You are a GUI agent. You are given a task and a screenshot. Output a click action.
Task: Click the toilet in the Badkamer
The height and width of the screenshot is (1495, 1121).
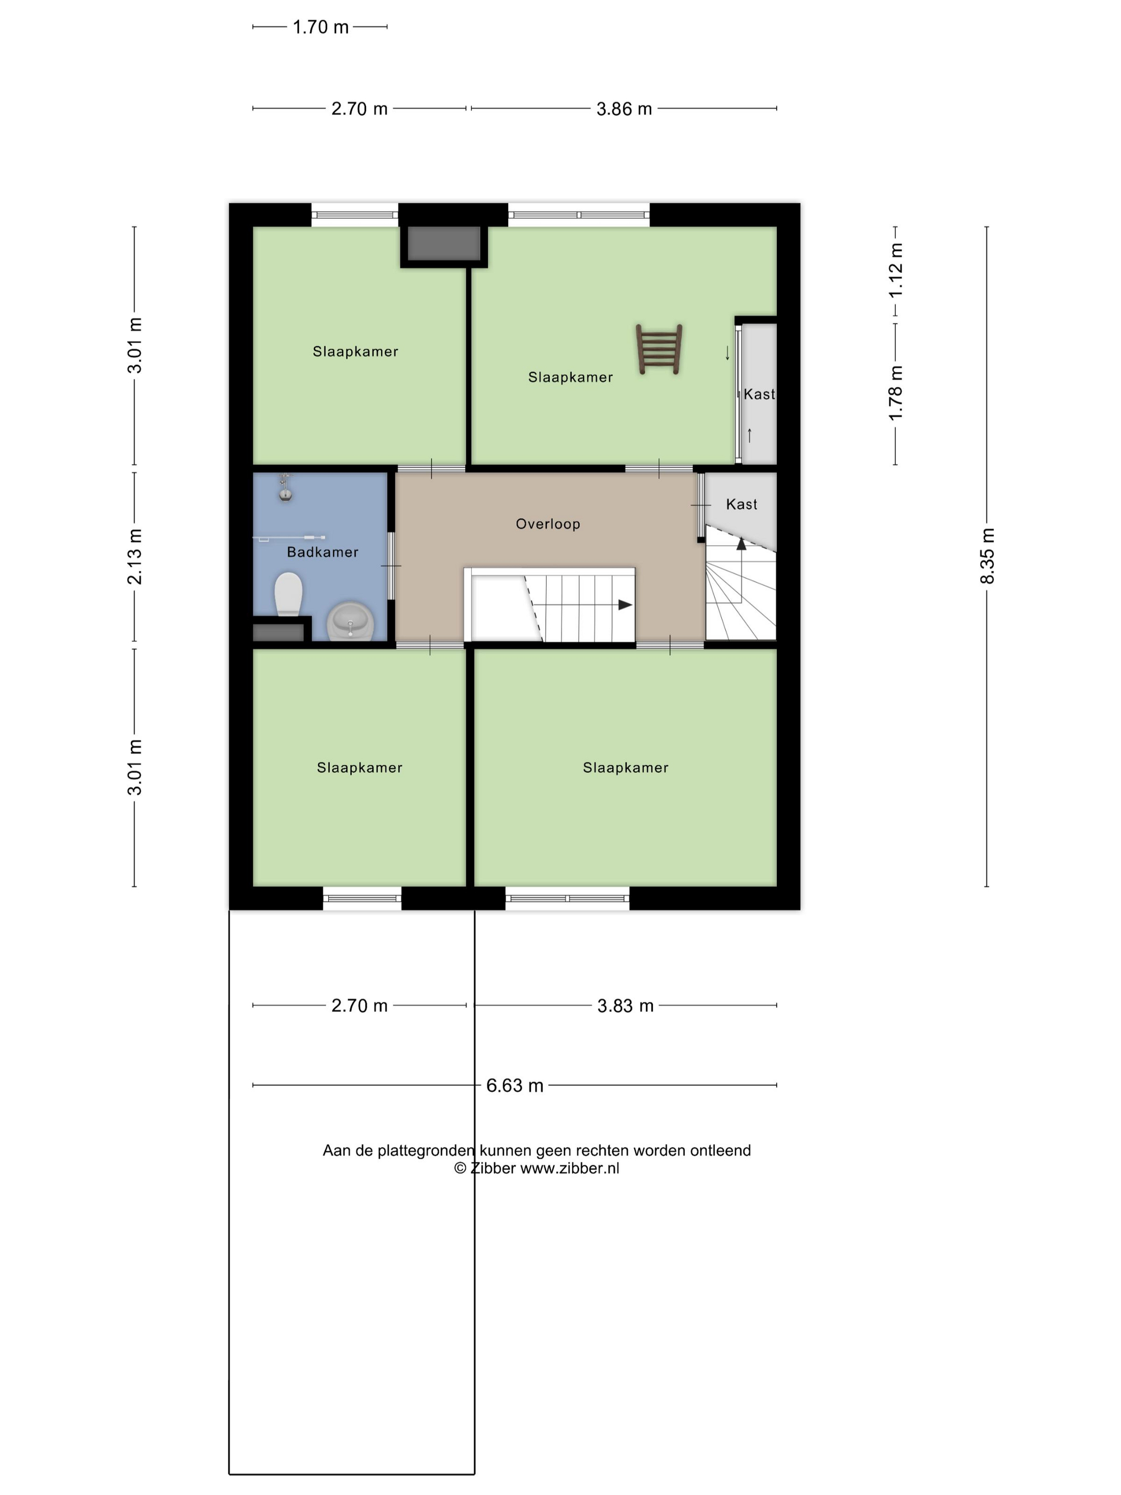click(289, 595)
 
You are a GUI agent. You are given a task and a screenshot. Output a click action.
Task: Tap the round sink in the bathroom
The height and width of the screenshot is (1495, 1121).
click(350, 621)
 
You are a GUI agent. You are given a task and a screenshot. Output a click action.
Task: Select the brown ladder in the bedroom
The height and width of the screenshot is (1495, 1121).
click(659, 349)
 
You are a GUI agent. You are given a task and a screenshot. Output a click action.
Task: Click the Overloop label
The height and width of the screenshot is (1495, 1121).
click(548, 524)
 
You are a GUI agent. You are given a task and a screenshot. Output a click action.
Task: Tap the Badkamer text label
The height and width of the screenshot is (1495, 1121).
click(322, 552)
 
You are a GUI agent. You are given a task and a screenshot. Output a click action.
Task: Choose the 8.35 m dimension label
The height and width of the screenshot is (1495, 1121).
click(987, 556)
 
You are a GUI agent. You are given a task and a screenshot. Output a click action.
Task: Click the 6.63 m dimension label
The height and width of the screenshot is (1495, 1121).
click(515, 1085)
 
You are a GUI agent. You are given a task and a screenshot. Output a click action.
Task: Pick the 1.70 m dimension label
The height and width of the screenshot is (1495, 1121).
click(320, 27)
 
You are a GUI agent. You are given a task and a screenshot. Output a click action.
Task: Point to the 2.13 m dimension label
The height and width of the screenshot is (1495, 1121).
click(135, 556)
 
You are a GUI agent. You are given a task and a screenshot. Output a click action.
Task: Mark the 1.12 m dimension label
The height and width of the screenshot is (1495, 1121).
click(895, 270)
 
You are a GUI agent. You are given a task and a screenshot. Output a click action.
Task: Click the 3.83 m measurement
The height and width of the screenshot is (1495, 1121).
click(625, 1006)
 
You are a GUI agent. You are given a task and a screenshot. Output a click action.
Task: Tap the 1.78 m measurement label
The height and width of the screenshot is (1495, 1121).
click(895, 392)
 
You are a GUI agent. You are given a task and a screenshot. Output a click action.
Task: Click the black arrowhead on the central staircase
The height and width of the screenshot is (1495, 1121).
click(625, 605)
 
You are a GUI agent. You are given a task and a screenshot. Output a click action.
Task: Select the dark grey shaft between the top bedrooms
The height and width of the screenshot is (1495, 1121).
click(444, 243)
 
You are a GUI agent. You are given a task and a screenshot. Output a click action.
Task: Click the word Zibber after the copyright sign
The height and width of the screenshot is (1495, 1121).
click(493, 1169)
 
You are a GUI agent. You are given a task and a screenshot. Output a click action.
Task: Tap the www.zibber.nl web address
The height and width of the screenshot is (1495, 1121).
click(570, 1169)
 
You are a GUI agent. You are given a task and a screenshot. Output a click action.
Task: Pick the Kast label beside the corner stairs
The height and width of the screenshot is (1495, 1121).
click(741, 504)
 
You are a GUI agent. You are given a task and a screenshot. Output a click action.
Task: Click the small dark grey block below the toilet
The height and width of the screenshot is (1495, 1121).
click(279, 633)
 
